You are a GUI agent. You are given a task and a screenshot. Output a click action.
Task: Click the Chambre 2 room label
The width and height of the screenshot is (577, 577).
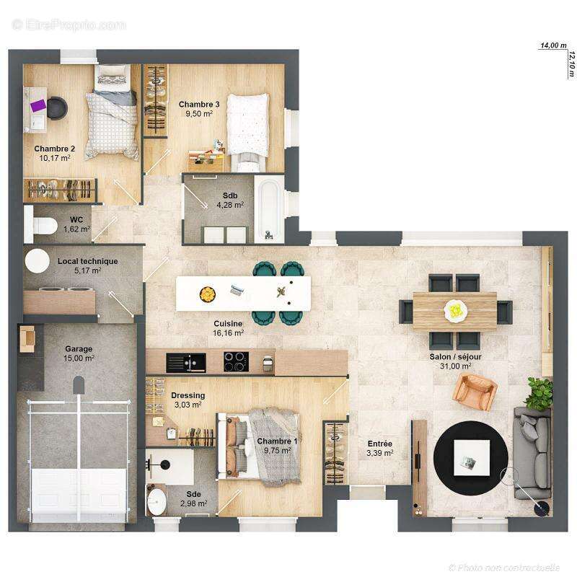[55, 149]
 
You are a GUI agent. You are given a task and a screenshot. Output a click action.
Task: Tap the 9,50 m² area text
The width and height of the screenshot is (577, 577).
[199, 114]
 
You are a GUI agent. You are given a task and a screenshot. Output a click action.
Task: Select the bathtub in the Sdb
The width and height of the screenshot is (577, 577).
[268, 210]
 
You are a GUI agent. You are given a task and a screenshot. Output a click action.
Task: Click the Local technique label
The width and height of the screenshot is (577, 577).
[88, 261]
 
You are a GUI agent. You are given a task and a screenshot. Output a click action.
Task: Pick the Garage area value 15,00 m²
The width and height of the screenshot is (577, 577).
[79, 358]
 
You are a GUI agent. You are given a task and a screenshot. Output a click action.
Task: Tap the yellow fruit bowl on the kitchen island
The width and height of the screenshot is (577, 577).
[207, 294]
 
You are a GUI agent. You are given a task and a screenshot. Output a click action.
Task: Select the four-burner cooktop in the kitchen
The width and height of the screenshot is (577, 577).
[236, 361]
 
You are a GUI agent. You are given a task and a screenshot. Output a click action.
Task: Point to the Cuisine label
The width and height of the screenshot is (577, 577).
[228, 325]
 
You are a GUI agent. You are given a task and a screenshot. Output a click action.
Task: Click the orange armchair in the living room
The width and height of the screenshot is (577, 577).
[475, 392]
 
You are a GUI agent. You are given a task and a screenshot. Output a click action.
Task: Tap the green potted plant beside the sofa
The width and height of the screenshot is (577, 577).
[539, 393]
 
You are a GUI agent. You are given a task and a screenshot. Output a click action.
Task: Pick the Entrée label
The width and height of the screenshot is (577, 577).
[379, 444]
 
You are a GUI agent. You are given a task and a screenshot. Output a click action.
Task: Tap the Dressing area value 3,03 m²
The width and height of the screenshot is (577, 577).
[188, 405]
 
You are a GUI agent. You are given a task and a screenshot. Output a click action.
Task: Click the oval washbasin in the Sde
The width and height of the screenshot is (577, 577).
[157, 499]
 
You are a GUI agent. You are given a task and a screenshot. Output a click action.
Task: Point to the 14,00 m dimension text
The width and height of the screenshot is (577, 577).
[553, 45]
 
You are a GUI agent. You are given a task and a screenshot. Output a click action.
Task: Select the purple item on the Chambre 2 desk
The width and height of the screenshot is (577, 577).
[38, 105]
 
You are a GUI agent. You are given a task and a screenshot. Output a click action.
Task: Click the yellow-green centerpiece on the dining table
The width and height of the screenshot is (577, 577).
[454, 310]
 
